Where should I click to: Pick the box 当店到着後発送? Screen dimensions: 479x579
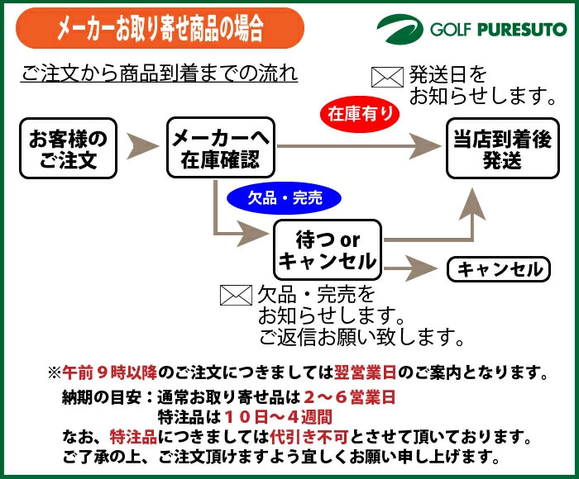501,148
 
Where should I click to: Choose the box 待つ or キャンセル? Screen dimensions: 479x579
328,250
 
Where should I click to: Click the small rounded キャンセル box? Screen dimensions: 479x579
499,269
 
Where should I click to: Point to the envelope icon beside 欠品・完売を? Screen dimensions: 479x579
235,295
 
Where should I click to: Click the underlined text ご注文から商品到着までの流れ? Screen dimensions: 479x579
159,74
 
